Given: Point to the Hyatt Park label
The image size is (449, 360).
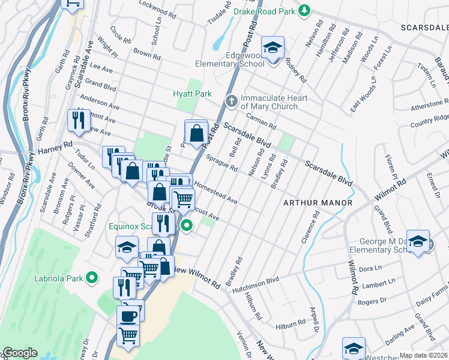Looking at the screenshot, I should pos(192,94).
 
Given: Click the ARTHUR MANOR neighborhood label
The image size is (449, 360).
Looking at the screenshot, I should pos(318,203).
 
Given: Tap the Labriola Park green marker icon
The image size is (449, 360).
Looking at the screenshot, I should pos(91,277).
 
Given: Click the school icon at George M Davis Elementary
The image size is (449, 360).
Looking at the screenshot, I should pos(418,241).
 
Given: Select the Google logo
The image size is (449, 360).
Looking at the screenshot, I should pos(20,353).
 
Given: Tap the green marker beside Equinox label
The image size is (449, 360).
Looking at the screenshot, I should pos(187,226).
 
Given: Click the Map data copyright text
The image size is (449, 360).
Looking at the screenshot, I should pos(423,355).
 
